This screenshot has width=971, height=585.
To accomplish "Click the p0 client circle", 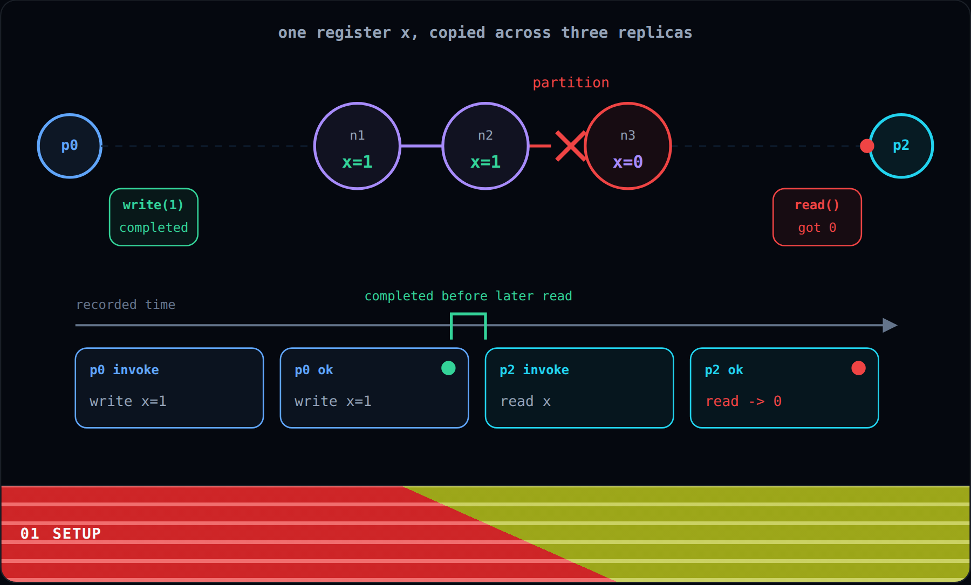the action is click(x=70, y=146).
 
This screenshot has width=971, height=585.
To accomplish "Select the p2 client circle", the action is click(x=901, y=146).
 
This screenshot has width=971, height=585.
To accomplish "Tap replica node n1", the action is click(x=357, y=146).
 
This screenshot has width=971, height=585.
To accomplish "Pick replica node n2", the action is click(x=485, y=146).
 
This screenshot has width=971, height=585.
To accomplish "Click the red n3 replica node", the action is click(x=628, y=146).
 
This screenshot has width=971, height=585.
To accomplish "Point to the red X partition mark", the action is click(x=571, y=146).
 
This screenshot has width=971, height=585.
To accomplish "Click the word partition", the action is click(x=571, y=82).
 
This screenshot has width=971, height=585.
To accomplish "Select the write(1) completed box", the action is click(x=154, y=217).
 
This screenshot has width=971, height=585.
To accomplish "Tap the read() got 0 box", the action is click(x=817, y=217).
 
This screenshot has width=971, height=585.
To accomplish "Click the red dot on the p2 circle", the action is click(x=867, y=146).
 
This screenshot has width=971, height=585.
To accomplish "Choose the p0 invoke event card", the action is click(x=169, y=388).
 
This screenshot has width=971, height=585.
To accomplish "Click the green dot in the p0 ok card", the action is click(x=448, y=368).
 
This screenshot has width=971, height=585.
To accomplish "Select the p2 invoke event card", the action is click(x=579, y=388).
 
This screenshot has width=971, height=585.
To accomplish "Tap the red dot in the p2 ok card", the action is click(x=858, y=368).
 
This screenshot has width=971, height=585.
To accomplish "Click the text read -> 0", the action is click(x=743, y=401).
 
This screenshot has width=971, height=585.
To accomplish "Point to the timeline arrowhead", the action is click(x=890, y=325).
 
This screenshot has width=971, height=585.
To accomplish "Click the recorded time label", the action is click(x=126, y=305).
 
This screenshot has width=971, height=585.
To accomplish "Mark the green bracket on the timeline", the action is click(x=468, y=314).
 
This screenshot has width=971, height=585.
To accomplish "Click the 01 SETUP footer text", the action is click(x=60, y=534).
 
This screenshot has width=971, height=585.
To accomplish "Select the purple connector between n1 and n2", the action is click(x=421, y=146).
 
